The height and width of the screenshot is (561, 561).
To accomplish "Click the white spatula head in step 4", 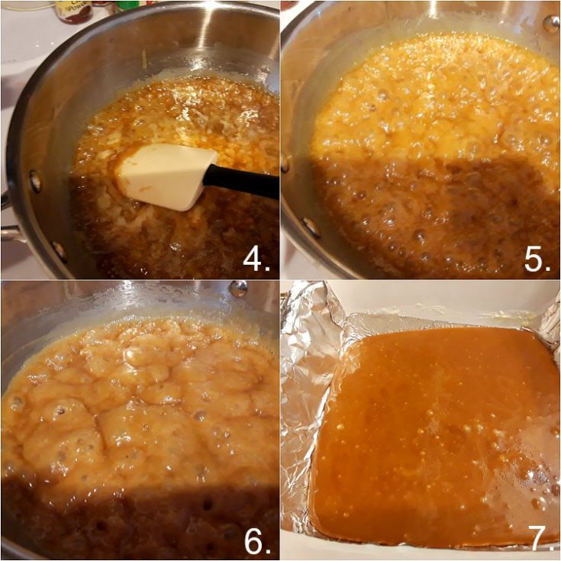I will (164, 176).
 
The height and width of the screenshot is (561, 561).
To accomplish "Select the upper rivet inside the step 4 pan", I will (35, 181).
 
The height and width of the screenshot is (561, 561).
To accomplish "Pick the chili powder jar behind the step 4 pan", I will (73, 11).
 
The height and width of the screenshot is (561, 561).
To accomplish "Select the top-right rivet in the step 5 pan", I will (549, 23).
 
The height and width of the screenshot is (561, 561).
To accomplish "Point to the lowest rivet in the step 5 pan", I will (311, 227).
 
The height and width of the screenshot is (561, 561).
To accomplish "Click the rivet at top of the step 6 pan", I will (238, 289).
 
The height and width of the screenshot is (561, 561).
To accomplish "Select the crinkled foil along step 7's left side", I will (296, 427).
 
